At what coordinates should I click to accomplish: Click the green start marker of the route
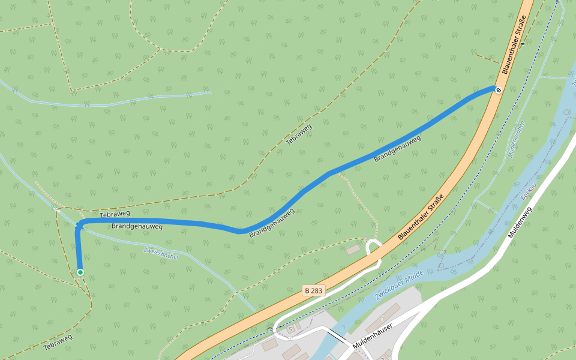tap(80, 272)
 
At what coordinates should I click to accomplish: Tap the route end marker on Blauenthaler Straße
tap(497, 90)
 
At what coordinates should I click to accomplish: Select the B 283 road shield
tap(314, 290)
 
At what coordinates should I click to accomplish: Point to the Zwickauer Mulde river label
tap(399, 285)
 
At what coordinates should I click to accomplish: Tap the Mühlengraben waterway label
tap(517, 139)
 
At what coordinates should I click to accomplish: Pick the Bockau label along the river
tap(527, 192)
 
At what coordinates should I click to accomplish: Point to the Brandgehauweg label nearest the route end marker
tap(397, 149)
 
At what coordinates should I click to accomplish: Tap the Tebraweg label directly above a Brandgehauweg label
tap(115, 214)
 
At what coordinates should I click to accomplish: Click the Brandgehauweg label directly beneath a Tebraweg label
tap(137, 227)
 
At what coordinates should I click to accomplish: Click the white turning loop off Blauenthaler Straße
tap(373, 247)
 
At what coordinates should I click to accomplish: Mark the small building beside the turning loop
tap(353, 249)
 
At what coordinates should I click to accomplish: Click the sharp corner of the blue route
tap(78, 224)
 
